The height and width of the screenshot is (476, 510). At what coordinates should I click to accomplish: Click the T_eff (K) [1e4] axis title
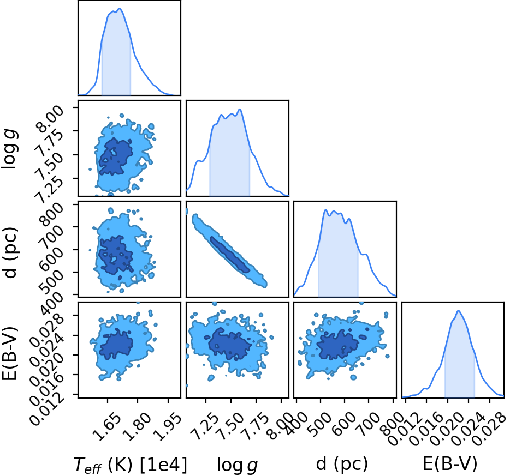[131, 465]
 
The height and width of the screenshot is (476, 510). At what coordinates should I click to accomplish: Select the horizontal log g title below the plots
[238, 465]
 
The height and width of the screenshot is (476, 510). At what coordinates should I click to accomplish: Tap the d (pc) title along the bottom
[342, 464]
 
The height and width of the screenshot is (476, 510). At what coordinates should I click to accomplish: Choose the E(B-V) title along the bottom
[450, 463]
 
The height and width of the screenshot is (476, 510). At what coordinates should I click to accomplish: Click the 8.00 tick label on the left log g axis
[50, 119]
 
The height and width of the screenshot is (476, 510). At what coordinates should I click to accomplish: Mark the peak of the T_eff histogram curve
[120, 8]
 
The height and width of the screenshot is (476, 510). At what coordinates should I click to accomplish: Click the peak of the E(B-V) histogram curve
[458, 311]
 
